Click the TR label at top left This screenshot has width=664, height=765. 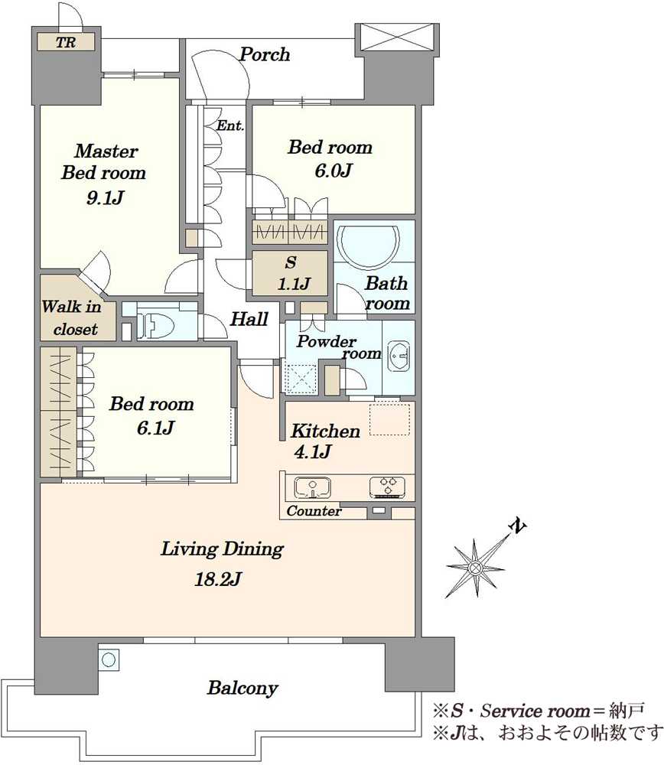(66, 42)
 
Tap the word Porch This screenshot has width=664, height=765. (265, 54)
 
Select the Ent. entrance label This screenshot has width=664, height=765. (229, 125)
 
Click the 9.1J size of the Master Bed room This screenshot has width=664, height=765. (105, 197)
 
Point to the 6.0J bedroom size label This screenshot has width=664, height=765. (334, 171)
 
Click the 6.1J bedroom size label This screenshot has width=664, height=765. (155, 428)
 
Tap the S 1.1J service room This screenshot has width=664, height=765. (290, 273)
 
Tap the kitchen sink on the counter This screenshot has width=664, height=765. (312, 487)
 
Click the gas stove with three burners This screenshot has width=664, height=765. (387, 487)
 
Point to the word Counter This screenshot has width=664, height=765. (314, 511)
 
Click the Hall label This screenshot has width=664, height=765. (249, 319)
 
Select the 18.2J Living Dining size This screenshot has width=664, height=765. (217, 580)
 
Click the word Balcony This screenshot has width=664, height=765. (242, 688)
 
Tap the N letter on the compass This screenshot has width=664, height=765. (517, 526)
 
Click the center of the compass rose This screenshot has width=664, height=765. (475, 568)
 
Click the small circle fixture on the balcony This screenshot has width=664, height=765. (109, 660)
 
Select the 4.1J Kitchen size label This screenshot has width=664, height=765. (312, 452)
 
